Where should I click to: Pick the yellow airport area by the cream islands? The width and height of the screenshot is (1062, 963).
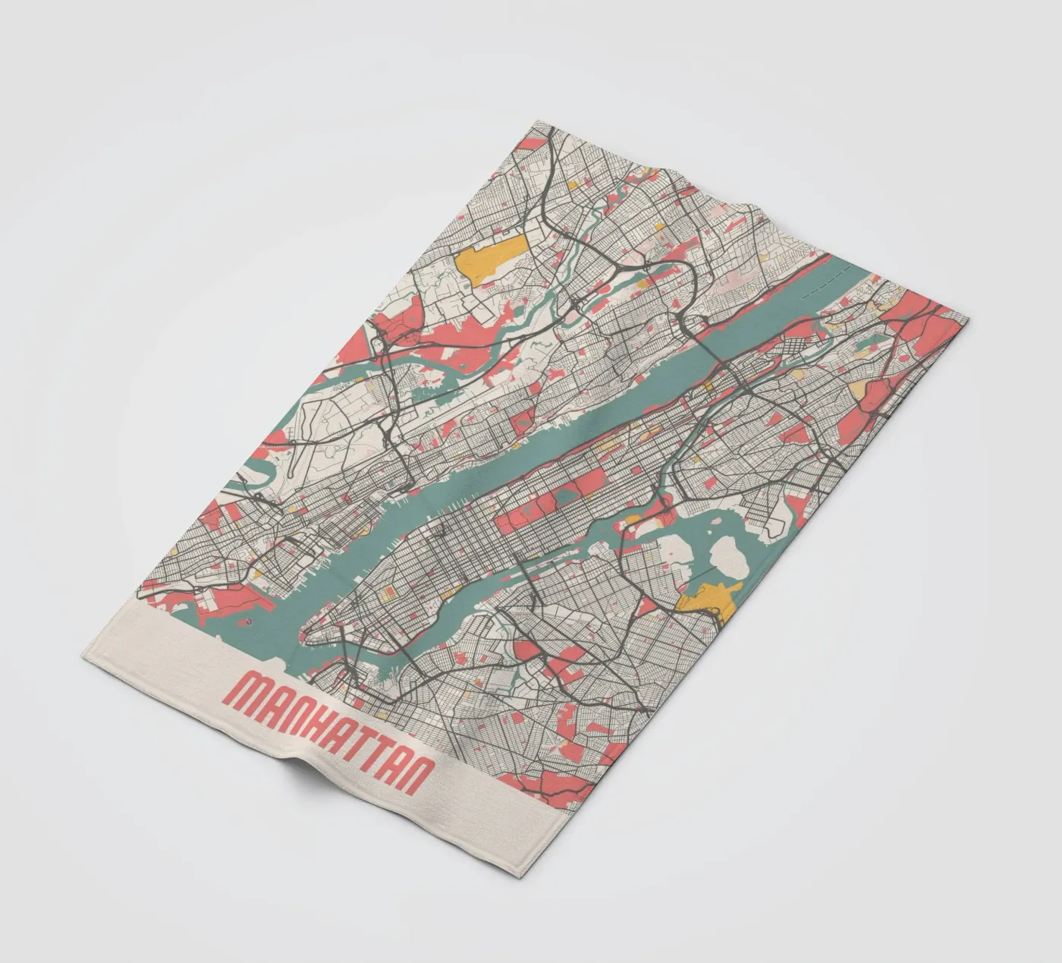pos(705,601)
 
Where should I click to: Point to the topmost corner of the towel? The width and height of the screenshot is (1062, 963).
pos(536,121)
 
